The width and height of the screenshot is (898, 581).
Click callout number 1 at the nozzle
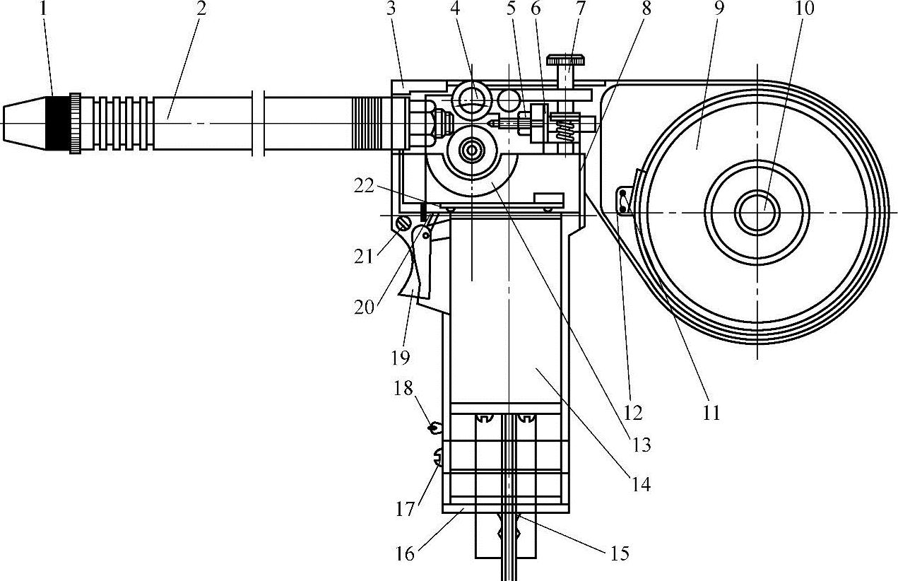click(x=43, y=8)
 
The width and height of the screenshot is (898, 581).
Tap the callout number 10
click(x=804, y=8)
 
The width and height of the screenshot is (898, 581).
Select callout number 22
click(x=364, y=186)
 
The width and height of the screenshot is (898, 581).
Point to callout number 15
click(x=620, y=553)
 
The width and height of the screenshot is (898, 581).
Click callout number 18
click(x=403, y=388)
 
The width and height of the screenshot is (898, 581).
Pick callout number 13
click(x=642, y=445)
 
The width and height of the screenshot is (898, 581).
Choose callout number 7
click(x=581, y=8)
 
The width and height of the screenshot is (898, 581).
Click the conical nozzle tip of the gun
click(x=24, y=123)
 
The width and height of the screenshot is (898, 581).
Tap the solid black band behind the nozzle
click(x=57, y=123)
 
